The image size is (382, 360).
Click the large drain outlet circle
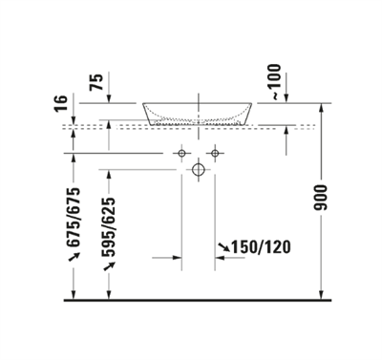click(199, 171)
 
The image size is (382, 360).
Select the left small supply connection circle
click(181, 153)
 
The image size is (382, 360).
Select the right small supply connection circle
click(216, 153)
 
